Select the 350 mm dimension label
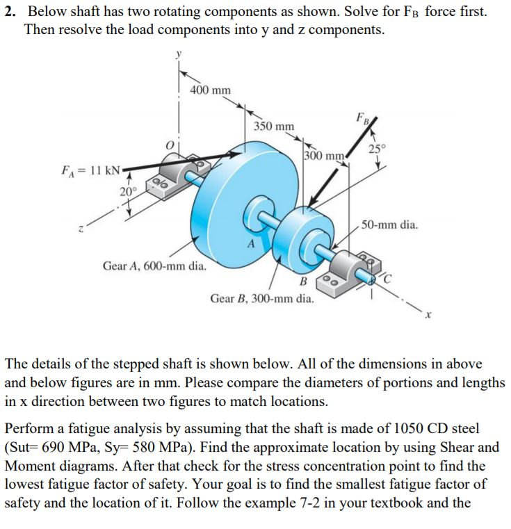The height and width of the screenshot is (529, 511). (x=273, y=127)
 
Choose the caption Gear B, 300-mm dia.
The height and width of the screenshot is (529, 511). (x=261, y=300)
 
